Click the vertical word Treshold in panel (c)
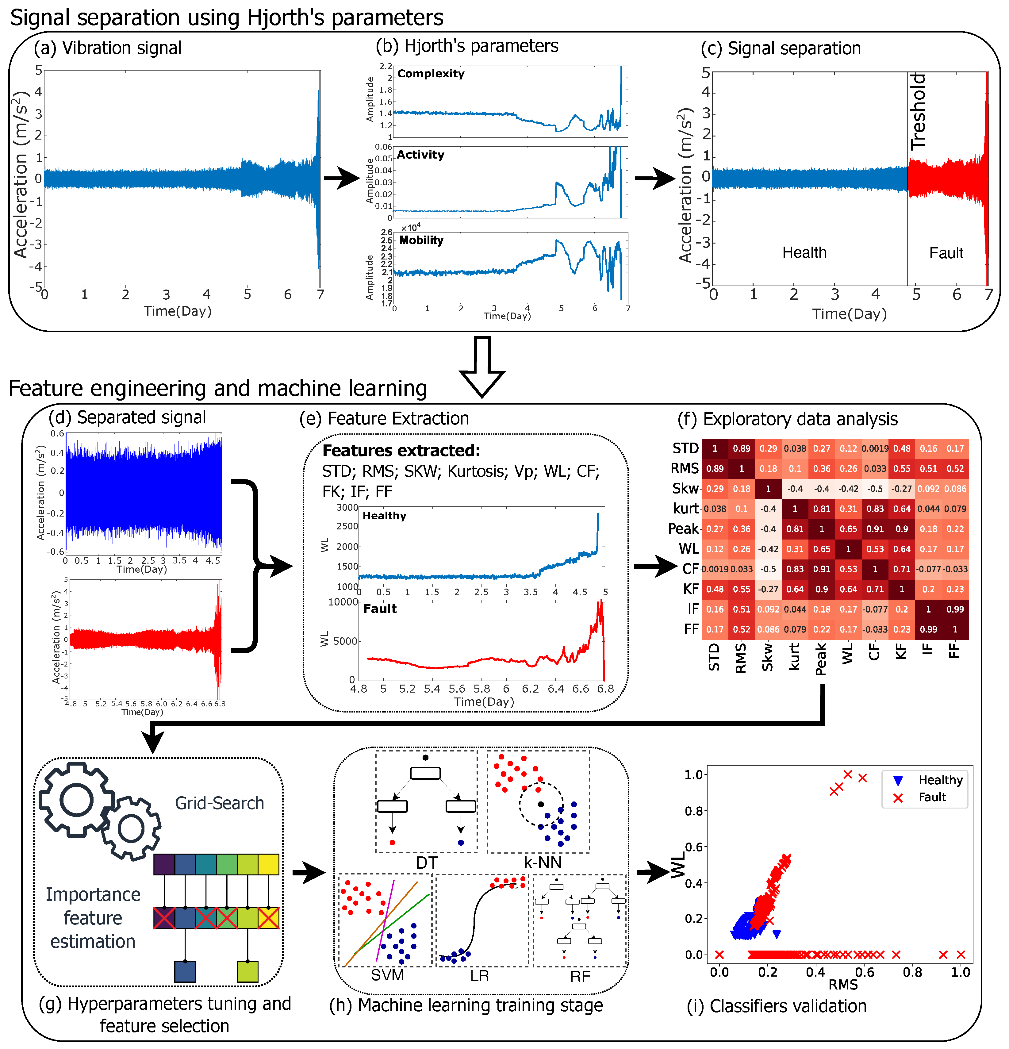coord(918,111)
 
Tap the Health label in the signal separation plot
coord(804,253)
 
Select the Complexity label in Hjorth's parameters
coord(431,74)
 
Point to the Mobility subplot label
coord(421,240)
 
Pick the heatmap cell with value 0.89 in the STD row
coord(741,448)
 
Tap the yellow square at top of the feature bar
coord(268,864)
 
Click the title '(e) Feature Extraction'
coord(384,419)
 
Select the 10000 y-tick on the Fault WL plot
coord(343,602)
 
